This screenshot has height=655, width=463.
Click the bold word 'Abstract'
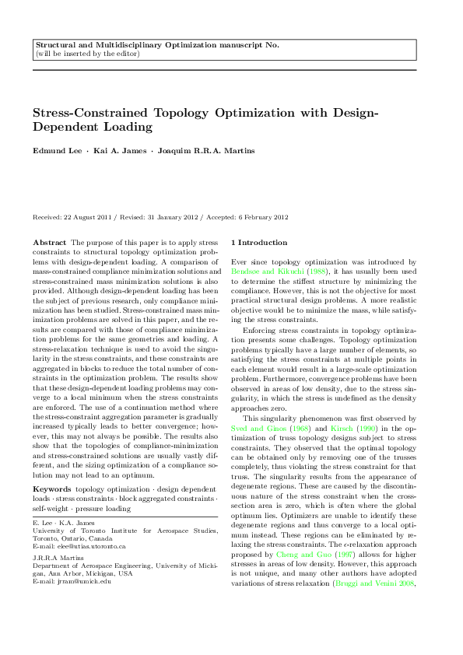click(x=52, y=242)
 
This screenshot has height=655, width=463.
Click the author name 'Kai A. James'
click(x=123, y=149)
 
